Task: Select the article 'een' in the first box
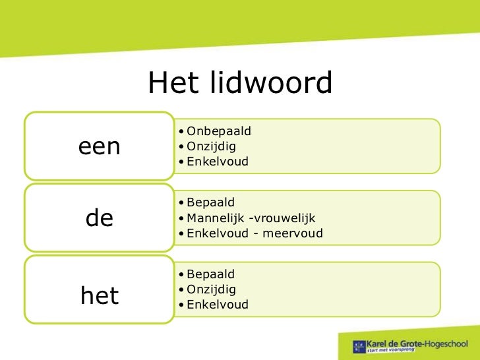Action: (x=100, y=146)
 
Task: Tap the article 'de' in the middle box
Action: (x=100, y=218)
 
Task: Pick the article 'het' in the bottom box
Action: (x=100, y=296)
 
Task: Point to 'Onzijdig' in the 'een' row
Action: (x=212, y=145)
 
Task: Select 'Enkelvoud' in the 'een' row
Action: (x=218, y=161)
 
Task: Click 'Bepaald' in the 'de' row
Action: (x=211, y=202)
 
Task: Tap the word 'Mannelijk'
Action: (x=214, y=218)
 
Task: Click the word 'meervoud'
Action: (x=295, y=233)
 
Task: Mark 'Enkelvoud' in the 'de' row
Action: (x=218, y=233)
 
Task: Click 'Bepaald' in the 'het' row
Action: (x=211, y=274)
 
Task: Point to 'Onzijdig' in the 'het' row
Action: (x=212, y=289)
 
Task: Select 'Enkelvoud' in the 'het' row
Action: (x=218, y=305)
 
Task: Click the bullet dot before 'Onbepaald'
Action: (x=181, y=131)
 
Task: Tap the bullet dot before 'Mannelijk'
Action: (x=181, y=218)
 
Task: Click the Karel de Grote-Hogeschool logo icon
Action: (x=359, y=345)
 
